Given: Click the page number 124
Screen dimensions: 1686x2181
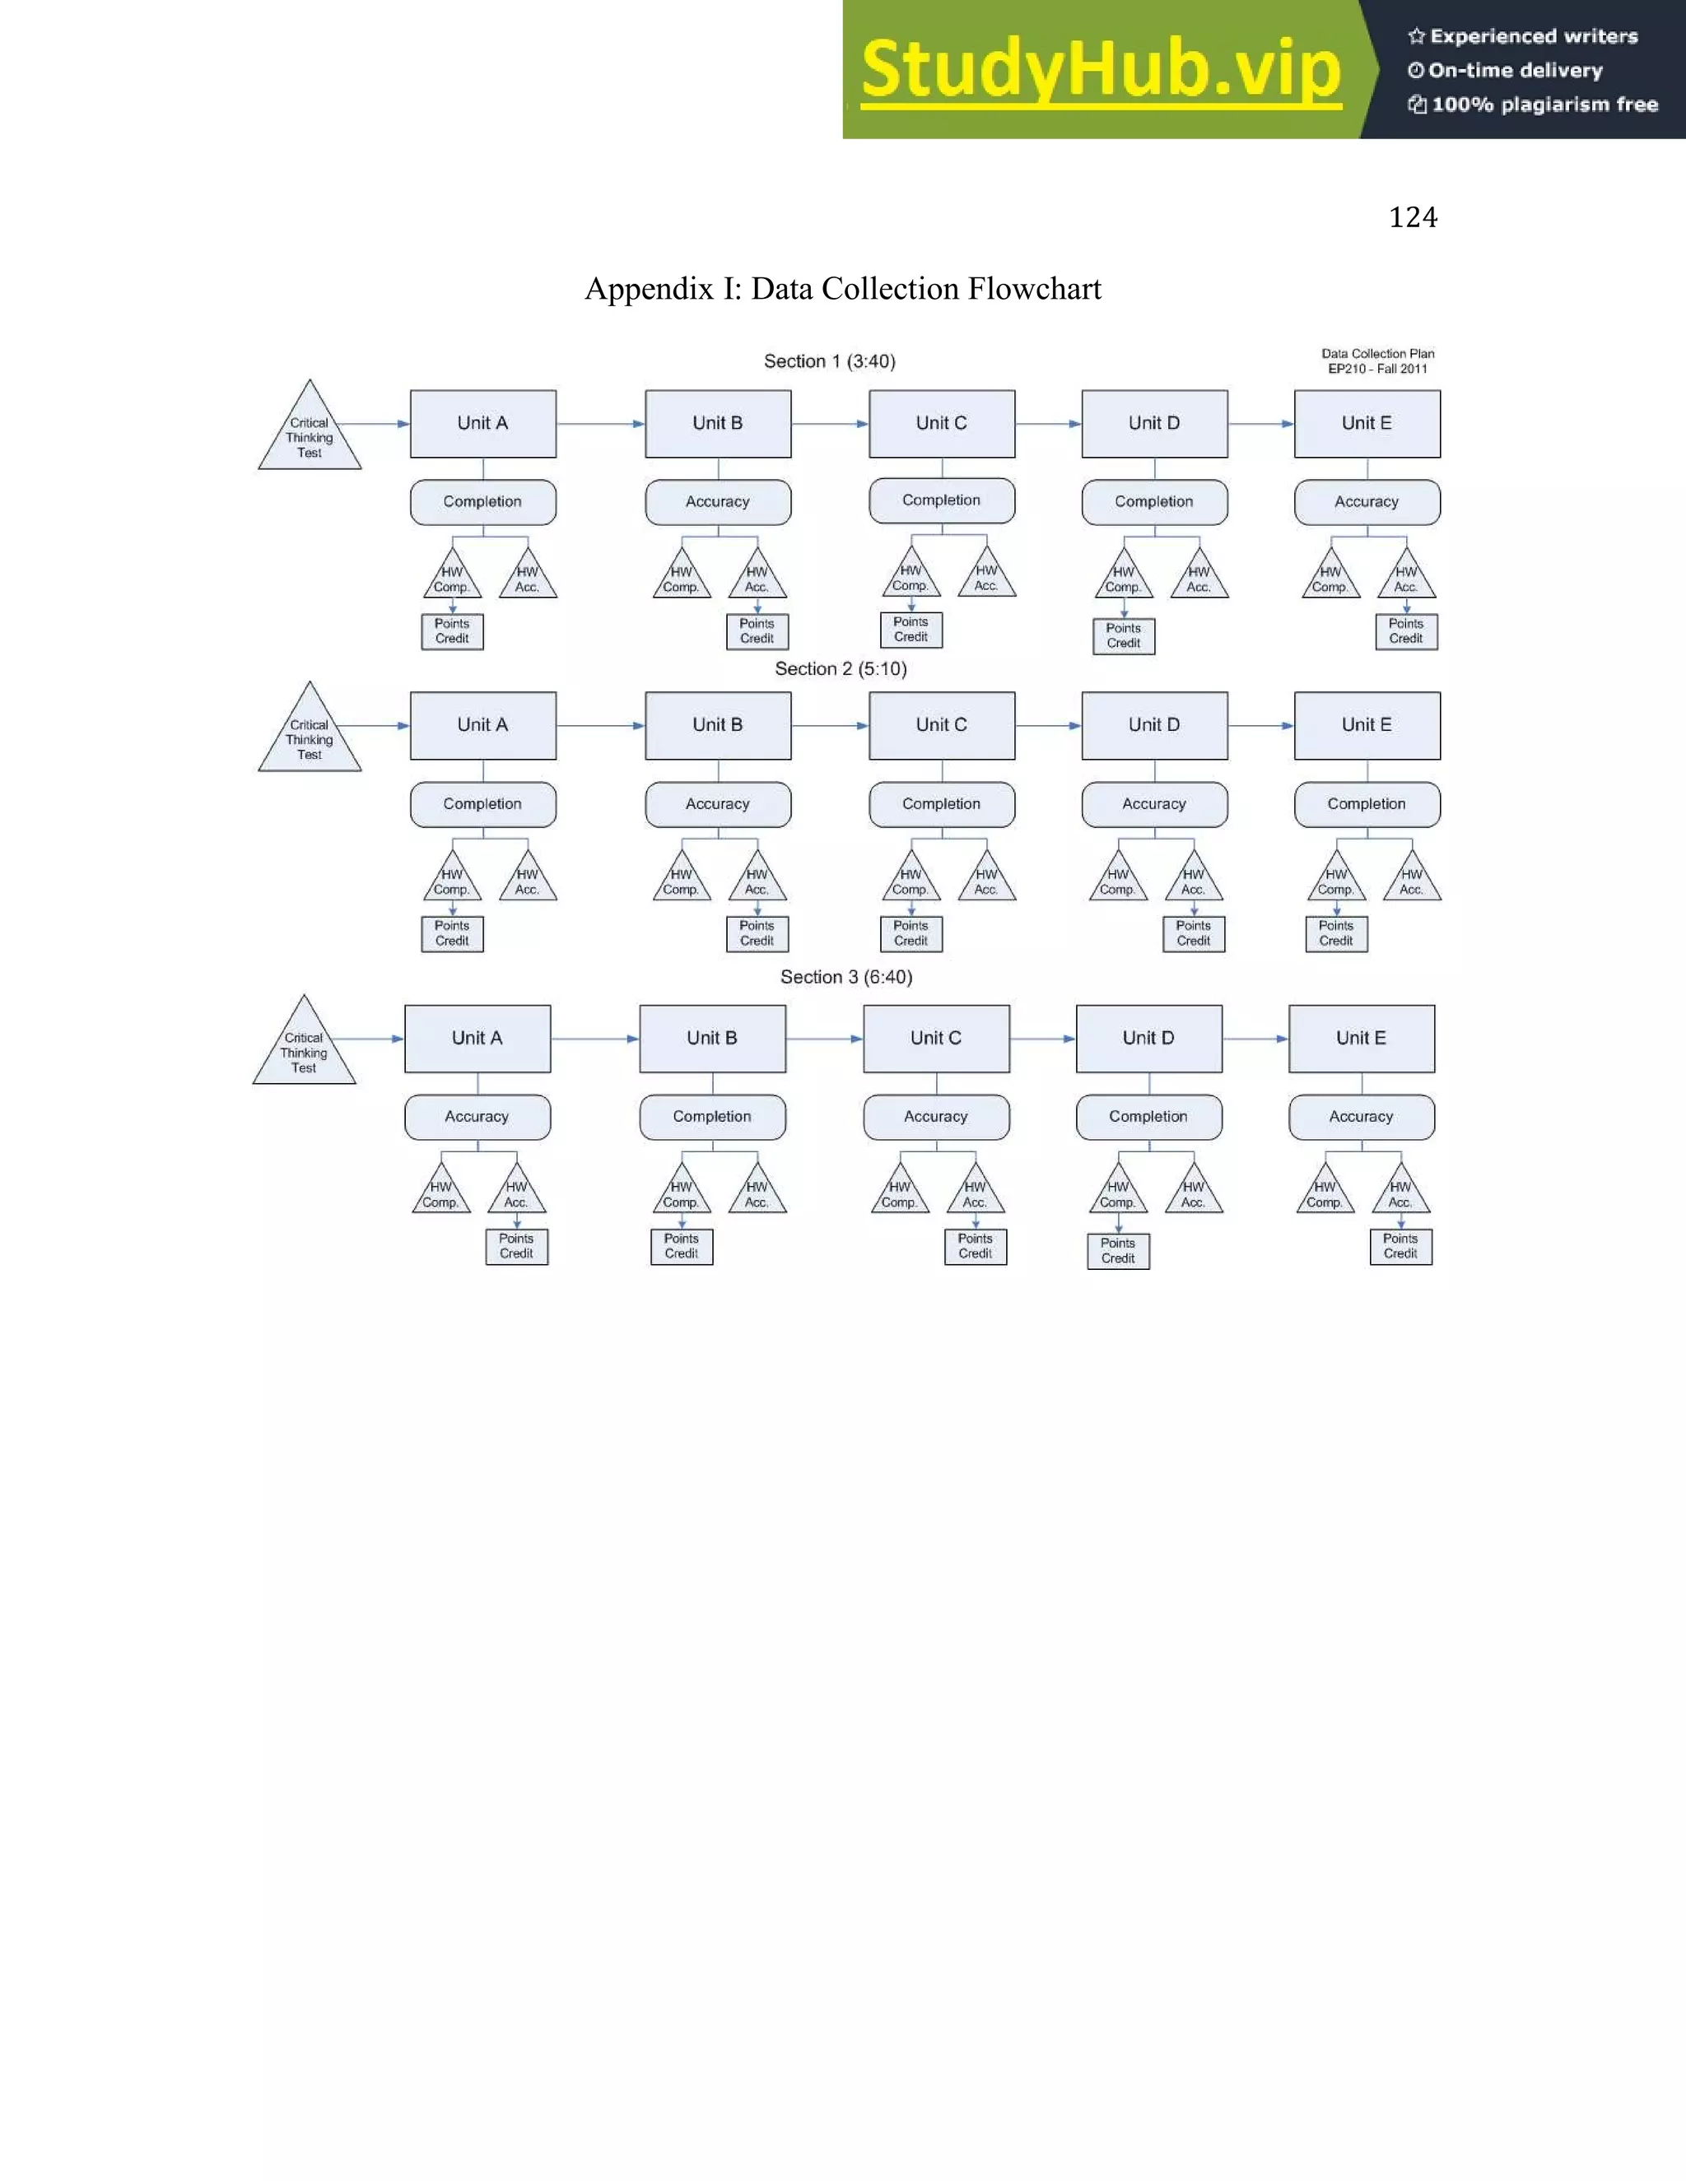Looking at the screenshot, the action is [x=1413, y=218].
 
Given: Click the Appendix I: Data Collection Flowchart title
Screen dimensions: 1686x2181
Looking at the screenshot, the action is [x=843, y=289].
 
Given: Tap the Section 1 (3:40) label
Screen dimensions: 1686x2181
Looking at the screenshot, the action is [x=829, y=361].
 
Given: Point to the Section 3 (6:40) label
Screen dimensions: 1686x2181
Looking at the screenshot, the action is [x=846, y=977].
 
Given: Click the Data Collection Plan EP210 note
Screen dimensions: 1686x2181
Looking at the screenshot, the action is [x=1377, y=360].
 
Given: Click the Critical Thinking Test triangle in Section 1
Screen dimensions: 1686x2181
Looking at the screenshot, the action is [x=310, y=435].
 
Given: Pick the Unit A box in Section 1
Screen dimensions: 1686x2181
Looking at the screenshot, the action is [x=482, y=423].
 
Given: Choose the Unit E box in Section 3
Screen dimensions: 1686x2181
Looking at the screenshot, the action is [x=1362, y=1039].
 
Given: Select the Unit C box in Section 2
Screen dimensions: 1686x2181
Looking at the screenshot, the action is [x=942, y=725].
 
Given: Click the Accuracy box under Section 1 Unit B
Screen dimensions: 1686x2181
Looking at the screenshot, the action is [x=717, y=502].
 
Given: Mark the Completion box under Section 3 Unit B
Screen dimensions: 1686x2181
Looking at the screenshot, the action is [x=712, y=1117].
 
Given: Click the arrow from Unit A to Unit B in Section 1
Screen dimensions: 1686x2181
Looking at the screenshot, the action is [x=600, y=423].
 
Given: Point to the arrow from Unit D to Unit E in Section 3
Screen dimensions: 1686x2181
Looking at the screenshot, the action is [x=1255, y=1039].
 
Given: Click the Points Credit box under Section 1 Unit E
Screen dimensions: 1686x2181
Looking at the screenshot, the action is [x=1405, y=631].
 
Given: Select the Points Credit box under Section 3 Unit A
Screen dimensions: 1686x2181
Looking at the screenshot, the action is [x=516, y=1246].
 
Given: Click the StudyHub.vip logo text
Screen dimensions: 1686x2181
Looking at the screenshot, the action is [x=1101, y=70].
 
